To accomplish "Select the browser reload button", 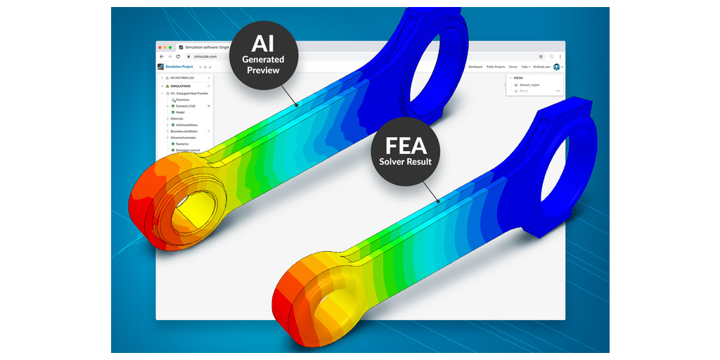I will [x=178, y=56].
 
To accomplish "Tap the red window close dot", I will [x=160, y=47].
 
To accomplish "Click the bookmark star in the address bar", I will [x=541, y=56].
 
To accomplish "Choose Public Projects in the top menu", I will [x=496, y=67].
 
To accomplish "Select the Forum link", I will [x=513, y=67].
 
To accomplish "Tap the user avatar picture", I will [x=556, y=67].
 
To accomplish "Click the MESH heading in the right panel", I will [x=518, y=77].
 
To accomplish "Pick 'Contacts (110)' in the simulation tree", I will [x=186, y=105].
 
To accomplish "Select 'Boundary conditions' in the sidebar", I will [x=184, y=131].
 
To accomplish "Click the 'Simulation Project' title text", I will [x=177, y=67].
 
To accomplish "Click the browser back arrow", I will [x=161, y=56].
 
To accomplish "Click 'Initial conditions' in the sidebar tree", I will [x=186, y=125].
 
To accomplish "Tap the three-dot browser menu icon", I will [x=560, y=56].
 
